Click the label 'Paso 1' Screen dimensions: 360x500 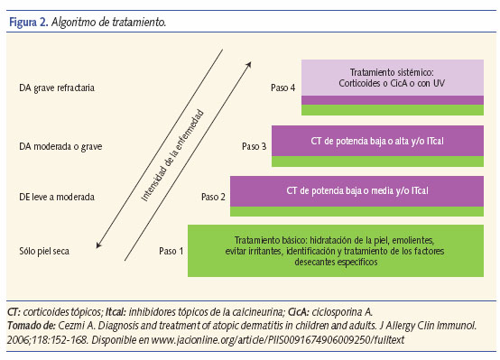(x=171, y=251)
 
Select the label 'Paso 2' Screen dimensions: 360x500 (x=214, y=196)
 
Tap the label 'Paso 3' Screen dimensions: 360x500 (x=255, y=144)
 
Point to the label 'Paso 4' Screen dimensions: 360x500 (x=284, y=88)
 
